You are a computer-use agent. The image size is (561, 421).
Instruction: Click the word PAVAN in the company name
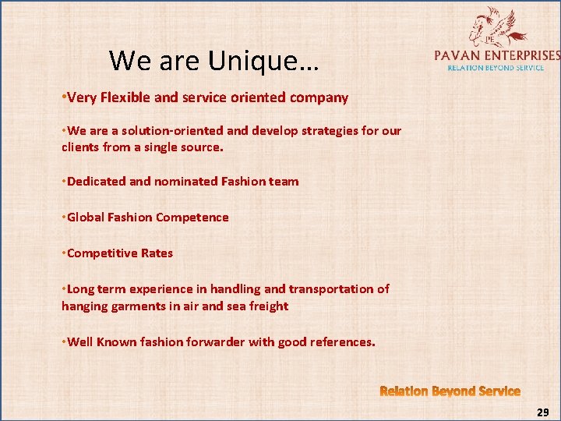pyautogui.click(x=458, y=55)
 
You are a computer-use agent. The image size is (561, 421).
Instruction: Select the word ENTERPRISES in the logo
pyautogui.click(x=523, y=55)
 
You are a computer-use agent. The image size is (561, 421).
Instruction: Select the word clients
pyautogui.click(x=82, y=146)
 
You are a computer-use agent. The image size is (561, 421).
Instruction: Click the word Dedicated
pyautogui.click(x=96, y=182)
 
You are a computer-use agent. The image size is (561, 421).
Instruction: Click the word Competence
pyautogui.click(x=192, y=218)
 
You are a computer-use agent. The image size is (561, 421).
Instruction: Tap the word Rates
pyautogui.click(x=156, y=253)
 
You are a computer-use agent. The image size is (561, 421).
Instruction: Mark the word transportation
pyautogui.click(x=323, y=289)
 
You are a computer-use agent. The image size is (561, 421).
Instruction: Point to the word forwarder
pyautogui.click(x=212, y=341)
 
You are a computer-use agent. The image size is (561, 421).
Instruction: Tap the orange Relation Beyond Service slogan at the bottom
pyautogui.click(x=450, y=391)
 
